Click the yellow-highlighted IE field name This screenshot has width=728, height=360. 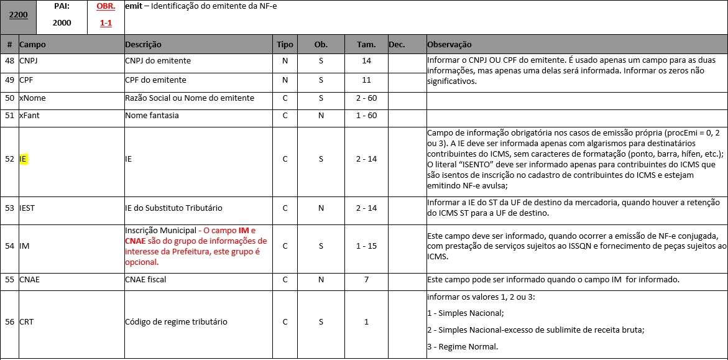(x=23, y=159)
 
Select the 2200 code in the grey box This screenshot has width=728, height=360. (x=18, y=15)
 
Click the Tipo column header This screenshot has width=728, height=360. (x=285, y=45)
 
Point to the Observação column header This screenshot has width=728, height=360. (x=449, y=45)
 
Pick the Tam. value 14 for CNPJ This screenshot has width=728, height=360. (x=366, y=61)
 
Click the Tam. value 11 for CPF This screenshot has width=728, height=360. (x=366, y=80)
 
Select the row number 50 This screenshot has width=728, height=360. (x=9, y=98)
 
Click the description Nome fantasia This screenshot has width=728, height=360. (x=152, y=116)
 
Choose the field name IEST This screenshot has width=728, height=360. (x=27, y=208)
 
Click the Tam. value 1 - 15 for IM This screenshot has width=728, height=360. (x=366, y=246)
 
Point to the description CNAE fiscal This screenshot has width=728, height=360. (x=145, y=280)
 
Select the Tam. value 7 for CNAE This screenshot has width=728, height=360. (x=366, y=280)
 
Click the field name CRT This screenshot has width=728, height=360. (x=26, y=322)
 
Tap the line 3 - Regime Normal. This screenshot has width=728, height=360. (x=463, y=346)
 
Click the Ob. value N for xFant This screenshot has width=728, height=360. (x=321, y=116)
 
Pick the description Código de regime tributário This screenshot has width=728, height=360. (x=176, y=322)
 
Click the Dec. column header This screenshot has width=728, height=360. (x=397, y=45)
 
